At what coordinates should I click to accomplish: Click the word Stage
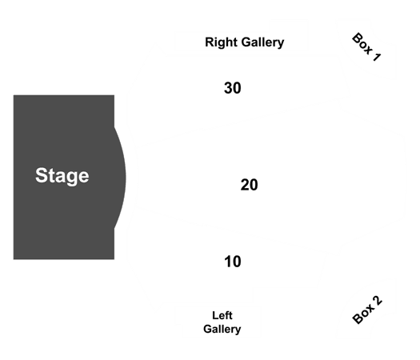[62, 176]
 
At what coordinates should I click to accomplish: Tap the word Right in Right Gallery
[222, 42]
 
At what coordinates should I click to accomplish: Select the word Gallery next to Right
[262, 42]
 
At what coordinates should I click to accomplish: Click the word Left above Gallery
[222, 315]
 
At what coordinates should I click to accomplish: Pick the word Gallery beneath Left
[222, 329]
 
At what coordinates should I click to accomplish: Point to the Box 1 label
[366, 47]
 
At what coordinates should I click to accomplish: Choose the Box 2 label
[367, 310]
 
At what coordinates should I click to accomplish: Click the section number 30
[233, 88]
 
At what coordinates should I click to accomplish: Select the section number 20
[249, 185]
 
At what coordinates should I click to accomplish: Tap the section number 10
[233, 262]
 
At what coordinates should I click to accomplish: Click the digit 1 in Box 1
[377, 57]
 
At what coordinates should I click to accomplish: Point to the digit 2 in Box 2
[377, 301]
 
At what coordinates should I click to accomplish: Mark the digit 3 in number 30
[228, 88]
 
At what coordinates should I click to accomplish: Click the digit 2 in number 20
[245, 185]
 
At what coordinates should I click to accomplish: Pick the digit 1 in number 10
[228, 262]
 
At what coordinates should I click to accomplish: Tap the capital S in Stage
[42, 175]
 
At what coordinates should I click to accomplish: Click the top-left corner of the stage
[14, 95]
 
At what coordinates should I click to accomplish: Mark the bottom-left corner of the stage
[14, 259]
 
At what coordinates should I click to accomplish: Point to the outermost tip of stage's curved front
[126, 178]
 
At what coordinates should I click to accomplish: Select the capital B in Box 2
[358, 319]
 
